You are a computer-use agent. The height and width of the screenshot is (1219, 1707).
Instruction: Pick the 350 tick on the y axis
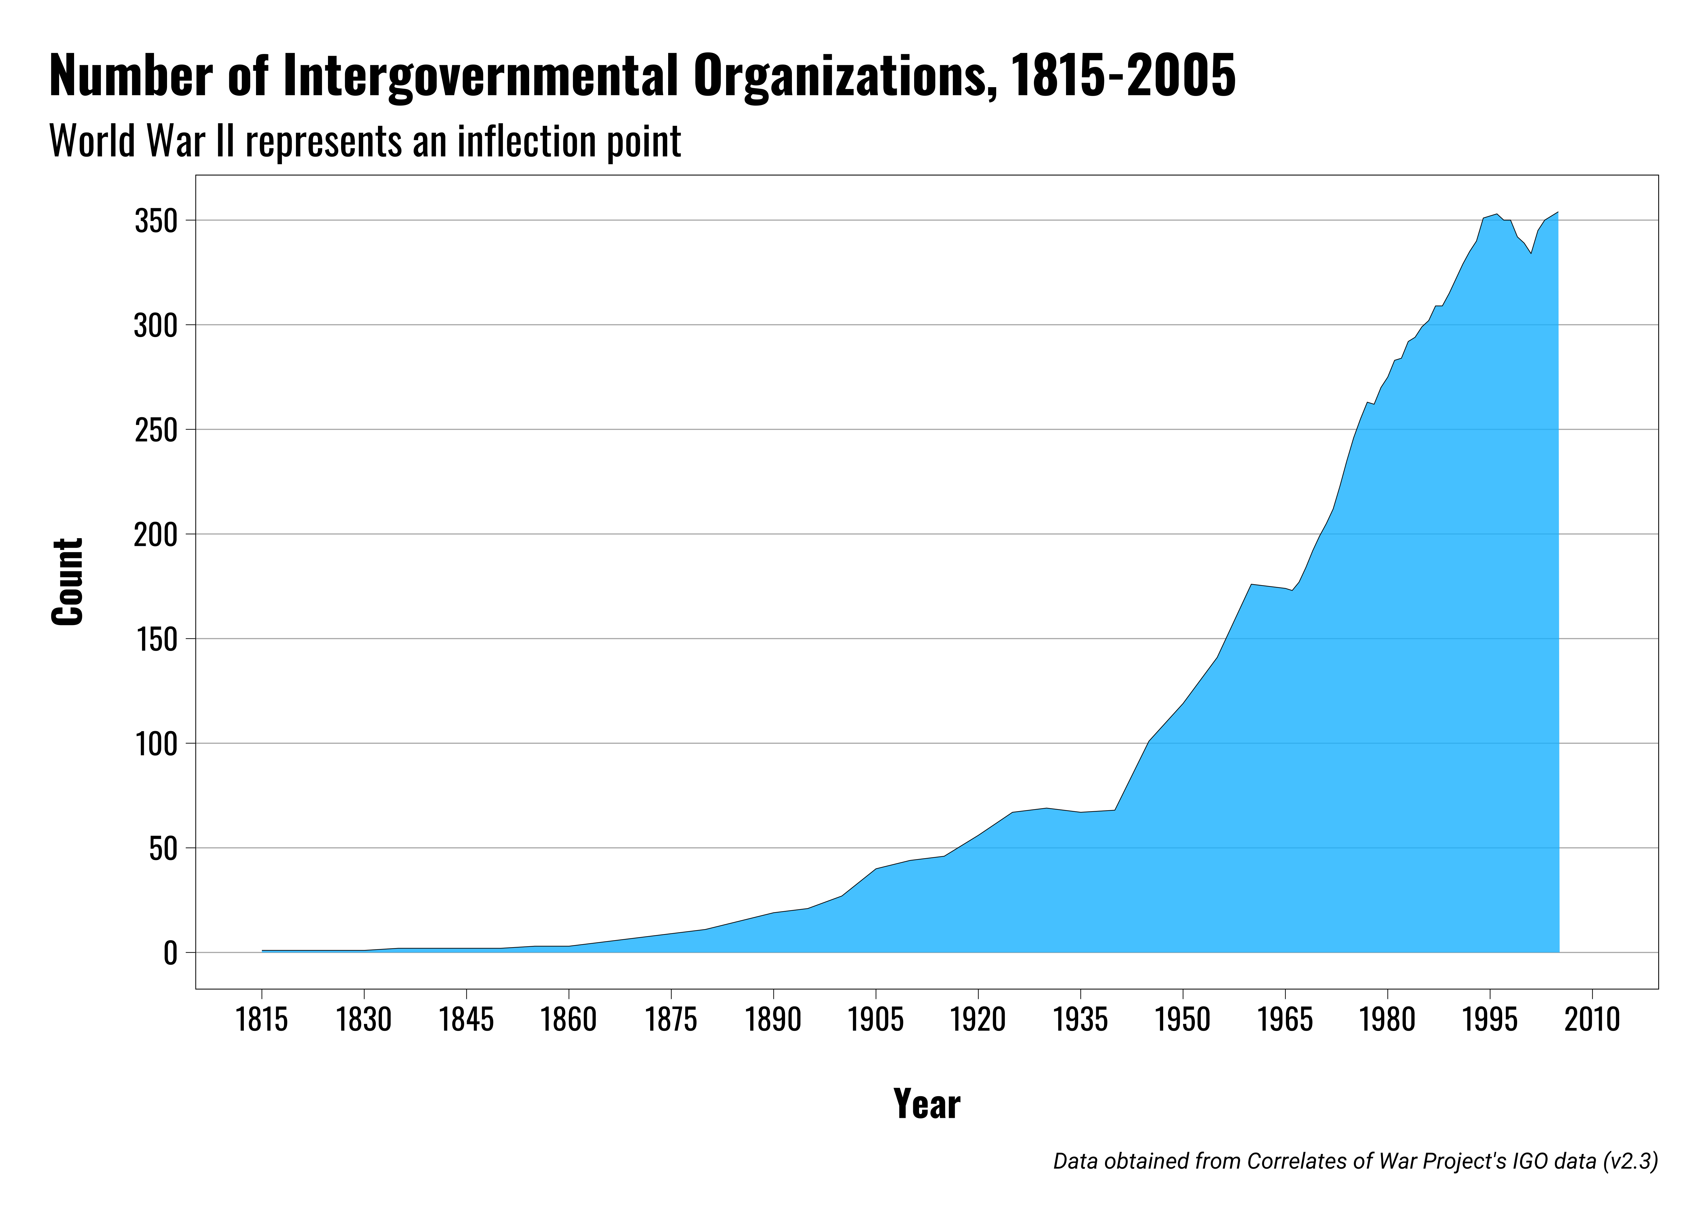pos(156,222)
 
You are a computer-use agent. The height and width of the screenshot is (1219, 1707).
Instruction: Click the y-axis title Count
pos(68,582)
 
